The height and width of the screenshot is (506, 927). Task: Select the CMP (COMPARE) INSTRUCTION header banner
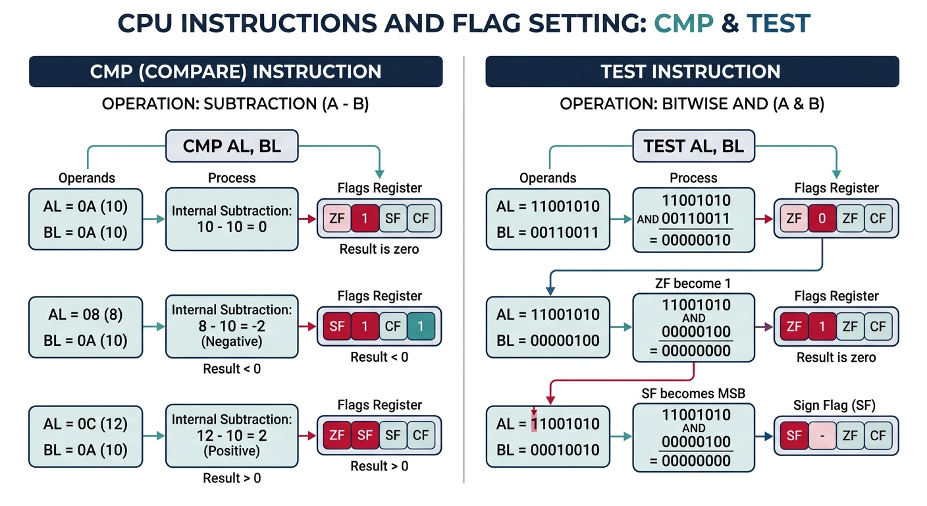click(x=236, y=72)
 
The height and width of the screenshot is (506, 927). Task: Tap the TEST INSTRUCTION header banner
click(x=691, y=72)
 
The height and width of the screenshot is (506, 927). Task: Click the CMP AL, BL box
click(x=232, y=146)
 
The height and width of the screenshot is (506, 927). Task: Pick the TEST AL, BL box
click(x=693, y=146)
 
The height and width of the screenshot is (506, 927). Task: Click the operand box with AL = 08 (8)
click(x=86, y=327)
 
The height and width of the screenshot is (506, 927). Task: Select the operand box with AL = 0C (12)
click(x=86, y=437)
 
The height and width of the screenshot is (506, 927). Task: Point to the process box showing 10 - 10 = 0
click(x=232, y=219)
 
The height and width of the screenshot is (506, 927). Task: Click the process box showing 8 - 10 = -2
click(x=232, y=326)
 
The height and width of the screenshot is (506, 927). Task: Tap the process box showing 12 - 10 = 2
click(x=232, y=436)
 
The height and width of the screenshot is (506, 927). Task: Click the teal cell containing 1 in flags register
click(x=420, y=325)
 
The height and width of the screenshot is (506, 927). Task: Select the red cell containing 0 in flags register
click(x=822, y=218)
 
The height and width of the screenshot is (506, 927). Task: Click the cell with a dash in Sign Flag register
click(x=822, y=436)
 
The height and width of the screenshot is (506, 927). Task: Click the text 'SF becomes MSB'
click(x=693, y=393)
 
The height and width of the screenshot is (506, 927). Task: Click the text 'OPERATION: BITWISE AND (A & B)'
click(x=692, y=104)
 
